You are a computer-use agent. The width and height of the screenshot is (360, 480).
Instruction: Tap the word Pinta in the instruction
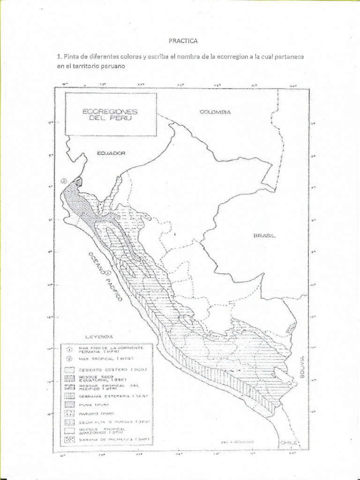click(x=73, y=57)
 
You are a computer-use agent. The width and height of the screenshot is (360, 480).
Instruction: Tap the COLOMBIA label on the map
click(x=215, y=112)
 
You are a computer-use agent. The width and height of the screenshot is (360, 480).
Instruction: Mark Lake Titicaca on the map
click(x=279, y=375)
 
